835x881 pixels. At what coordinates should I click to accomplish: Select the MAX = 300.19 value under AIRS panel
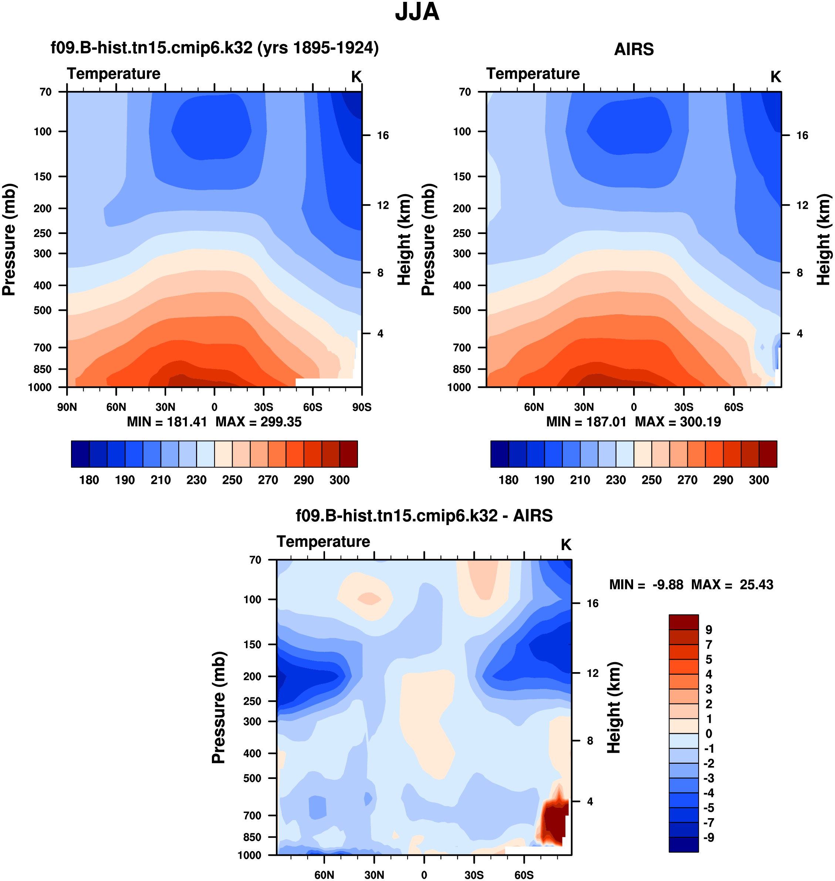[677, 422]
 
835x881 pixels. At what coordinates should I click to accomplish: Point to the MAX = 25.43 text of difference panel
[732, 584]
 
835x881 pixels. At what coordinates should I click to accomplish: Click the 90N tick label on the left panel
[67, 407]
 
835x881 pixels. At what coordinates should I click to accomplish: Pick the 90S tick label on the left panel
[361, 407]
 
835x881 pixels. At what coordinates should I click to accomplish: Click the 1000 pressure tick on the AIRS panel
[459, 387]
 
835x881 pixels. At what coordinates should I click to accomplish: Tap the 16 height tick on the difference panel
[592, 603]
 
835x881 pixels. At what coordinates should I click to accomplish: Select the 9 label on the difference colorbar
[709, 630]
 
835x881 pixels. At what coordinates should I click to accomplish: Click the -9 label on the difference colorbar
[709, 837]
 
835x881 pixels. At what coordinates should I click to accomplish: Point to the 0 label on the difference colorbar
[709, 733]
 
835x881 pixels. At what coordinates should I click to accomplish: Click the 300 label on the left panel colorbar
[339, 480]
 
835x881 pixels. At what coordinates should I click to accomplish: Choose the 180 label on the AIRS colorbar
[508, 480]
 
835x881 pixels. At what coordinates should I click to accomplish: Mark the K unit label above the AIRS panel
[775, 77]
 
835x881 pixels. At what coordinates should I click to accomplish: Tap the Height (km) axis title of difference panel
[614, 708]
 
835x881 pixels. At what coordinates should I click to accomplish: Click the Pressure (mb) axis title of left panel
[9, 240]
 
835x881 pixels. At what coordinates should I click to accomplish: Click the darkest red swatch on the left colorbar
[348, 454]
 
